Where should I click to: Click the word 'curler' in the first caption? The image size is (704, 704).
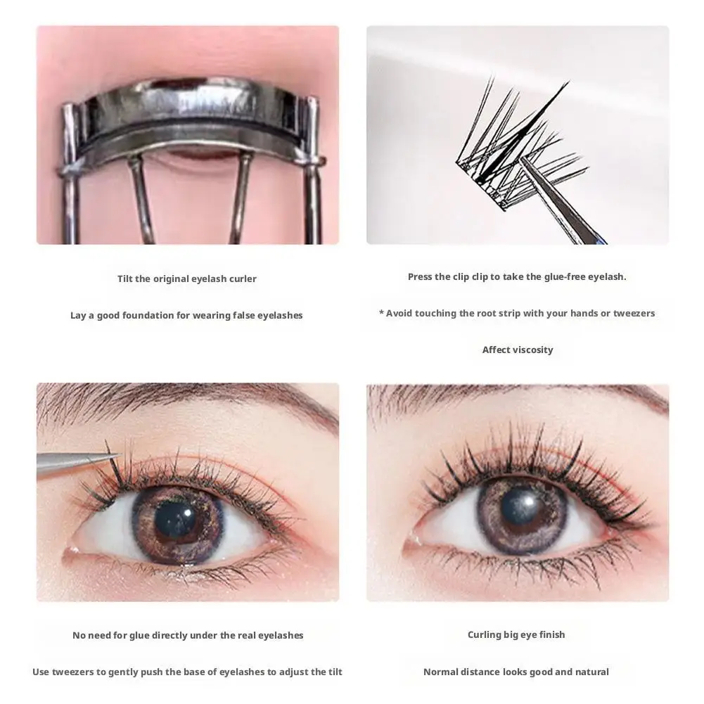(x=241, y=279)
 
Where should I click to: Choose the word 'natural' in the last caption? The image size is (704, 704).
(x=590, y=672)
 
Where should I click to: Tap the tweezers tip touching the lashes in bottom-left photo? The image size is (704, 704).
(x=113, y=457)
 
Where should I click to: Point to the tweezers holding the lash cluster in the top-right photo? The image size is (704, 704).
(x=556, y=200)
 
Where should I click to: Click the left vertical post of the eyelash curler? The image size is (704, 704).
(x=68, y=176)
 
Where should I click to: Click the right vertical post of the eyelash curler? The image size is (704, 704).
(x=312, y=176)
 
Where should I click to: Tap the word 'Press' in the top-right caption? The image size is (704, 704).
(x=421, y=277)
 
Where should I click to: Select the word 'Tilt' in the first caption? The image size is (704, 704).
(x=124, y=279)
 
